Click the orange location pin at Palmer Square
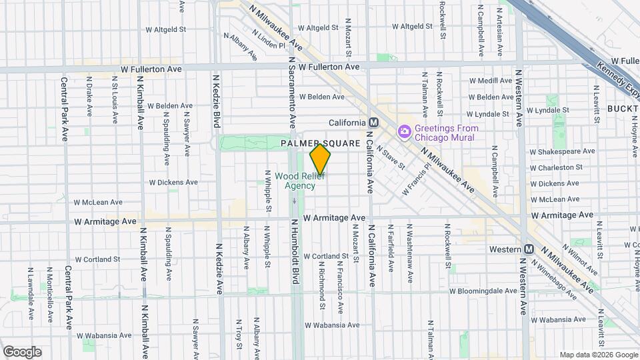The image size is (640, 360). (321, 159)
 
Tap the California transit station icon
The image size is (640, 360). (373, 123)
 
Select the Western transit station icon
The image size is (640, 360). (529, 249)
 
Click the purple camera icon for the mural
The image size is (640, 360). (403, 132)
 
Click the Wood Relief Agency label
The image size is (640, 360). (300, 181)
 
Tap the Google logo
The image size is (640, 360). (22, 351)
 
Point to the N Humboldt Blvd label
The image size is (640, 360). (293, 253)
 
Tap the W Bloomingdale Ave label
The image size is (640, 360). (483, 291)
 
